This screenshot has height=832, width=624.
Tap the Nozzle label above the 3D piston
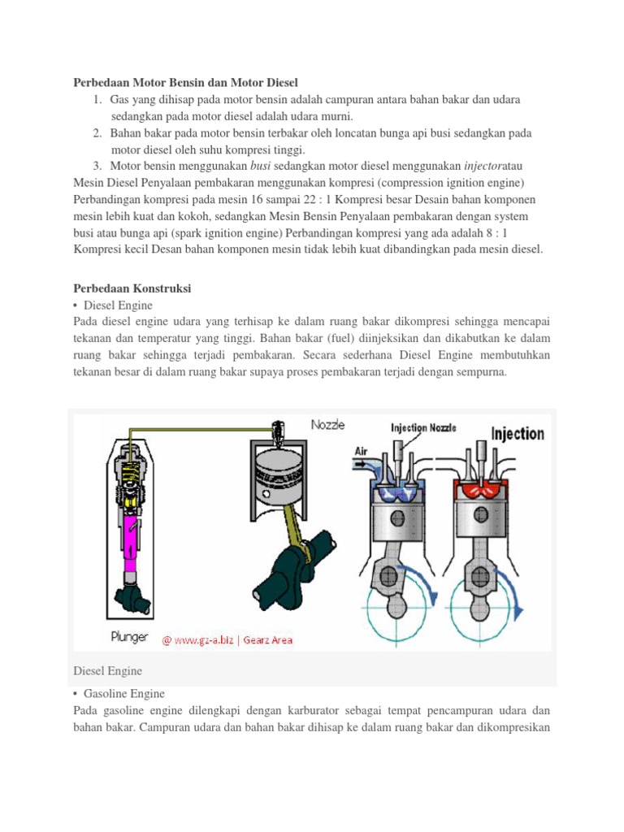point(328,425)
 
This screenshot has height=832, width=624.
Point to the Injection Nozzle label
point(423,427)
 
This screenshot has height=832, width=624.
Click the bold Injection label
point(517,433)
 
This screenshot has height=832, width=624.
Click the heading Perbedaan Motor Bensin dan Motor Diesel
point(186,82)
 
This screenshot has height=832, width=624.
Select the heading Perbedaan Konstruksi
point(132,288)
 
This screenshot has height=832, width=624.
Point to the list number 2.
point(97,132)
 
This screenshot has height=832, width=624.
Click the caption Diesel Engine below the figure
point(107,671)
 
